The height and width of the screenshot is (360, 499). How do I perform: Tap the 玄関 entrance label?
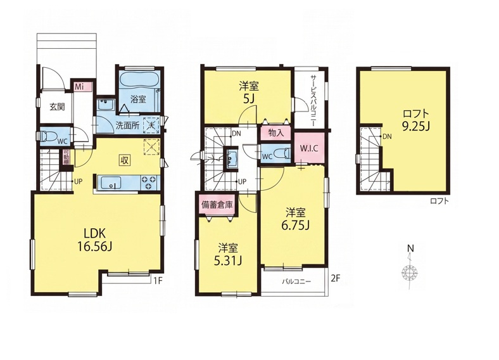(57, 106)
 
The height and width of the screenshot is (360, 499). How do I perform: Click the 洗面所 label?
(128, 125)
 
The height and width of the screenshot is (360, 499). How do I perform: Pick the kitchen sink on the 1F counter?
(110, 183)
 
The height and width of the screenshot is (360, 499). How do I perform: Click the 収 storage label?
(124, 160)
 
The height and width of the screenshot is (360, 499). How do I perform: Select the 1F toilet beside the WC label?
(46, 136)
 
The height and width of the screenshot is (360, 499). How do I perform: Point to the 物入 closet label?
(276, 133)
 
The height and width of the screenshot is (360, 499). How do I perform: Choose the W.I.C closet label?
(309, 148)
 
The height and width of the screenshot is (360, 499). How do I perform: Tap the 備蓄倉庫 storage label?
(217, 205)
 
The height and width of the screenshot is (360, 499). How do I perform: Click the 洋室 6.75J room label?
(295, 219)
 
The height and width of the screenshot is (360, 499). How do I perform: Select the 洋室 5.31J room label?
(227, 255)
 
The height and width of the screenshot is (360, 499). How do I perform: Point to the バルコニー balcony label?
(296, 281)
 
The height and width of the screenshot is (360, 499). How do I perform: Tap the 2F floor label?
(336, 278)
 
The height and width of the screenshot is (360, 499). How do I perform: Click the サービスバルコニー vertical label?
(313, 101)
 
